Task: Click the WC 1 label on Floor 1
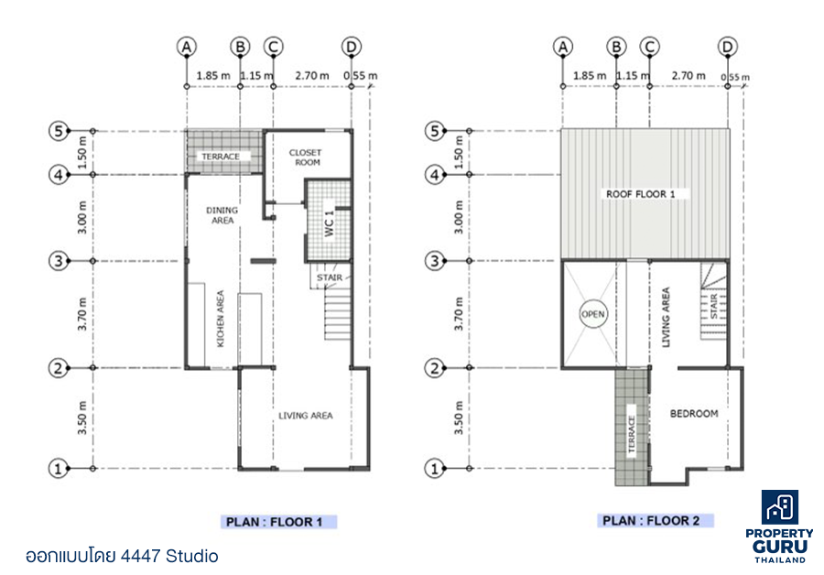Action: pos(329,223)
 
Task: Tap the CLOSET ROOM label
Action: pos(305,157)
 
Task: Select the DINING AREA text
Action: pos(222,215)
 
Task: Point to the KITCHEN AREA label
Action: pos(220,319)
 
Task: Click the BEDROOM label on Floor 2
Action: pos(694,414)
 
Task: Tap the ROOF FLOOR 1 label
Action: pos(641,194)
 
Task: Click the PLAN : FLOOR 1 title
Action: pos(274,522)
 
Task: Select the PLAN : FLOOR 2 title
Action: pos(651,521)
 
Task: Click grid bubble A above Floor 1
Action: pos(187,47)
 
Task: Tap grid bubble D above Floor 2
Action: pos(727,47)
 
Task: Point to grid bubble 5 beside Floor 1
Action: pos(59,130)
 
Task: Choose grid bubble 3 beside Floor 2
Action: pos(435,261)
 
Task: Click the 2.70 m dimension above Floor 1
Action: pos(312,76)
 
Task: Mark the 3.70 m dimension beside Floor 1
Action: pos(82,314)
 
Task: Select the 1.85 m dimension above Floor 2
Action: pos(590,76)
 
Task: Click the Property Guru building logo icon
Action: pos(780,507)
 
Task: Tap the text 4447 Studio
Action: pos(169,556)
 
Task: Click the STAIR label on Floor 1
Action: pos(330,277)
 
